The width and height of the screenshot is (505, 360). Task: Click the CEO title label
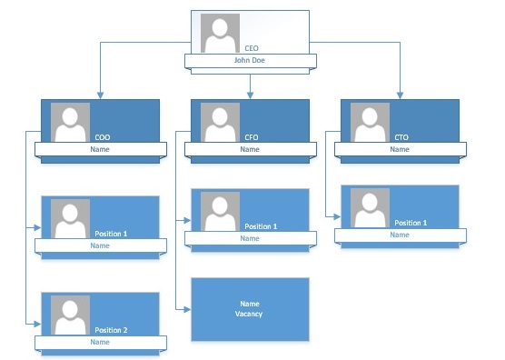(x=252, y=48)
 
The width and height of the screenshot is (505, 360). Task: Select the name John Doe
(x=250, y=60)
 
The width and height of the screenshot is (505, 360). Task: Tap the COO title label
(x=103, y=137)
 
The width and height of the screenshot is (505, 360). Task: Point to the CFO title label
(x=252, y=137)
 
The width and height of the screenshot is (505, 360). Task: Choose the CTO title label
(x=401, y=137)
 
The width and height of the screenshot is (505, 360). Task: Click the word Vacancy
(x=249, y=314)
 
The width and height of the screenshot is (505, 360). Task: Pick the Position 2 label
(x=111, y=330)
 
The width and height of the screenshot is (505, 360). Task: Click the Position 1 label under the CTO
(x=411, y=223)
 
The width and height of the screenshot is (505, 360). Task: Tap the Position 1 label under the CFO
(x=261, y=226)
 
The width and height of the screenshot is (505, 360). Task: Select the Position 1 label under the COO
(x=111, y=234)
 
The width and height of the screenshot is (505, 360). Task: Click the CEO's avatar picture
(x=220, y=33)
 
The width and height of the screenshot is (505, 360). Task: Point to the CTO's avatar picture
(x=370, y=123)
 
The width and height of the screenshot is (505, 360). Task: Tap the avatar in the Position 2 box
(x=70, y=315)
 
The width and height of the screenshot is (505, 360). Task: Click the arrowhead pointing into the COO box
(x=100, y=95)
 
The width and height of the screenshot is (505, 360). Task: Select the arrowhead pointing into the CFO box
(x=251, y=95)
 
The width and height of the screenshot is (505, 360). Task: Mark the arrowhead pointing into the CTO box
(x=400, y=95)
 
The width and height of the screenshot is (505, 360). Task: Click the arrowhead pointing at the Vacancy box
(x=187, y=310)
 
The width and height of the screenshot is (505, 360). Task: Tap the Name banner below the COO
(x=101, y=149)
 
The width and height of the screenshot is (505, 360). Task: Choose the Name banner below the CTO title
(x=401, y=149)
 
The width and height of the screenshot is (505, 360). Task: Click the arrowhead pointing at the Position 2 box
(x=37, y=324)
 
